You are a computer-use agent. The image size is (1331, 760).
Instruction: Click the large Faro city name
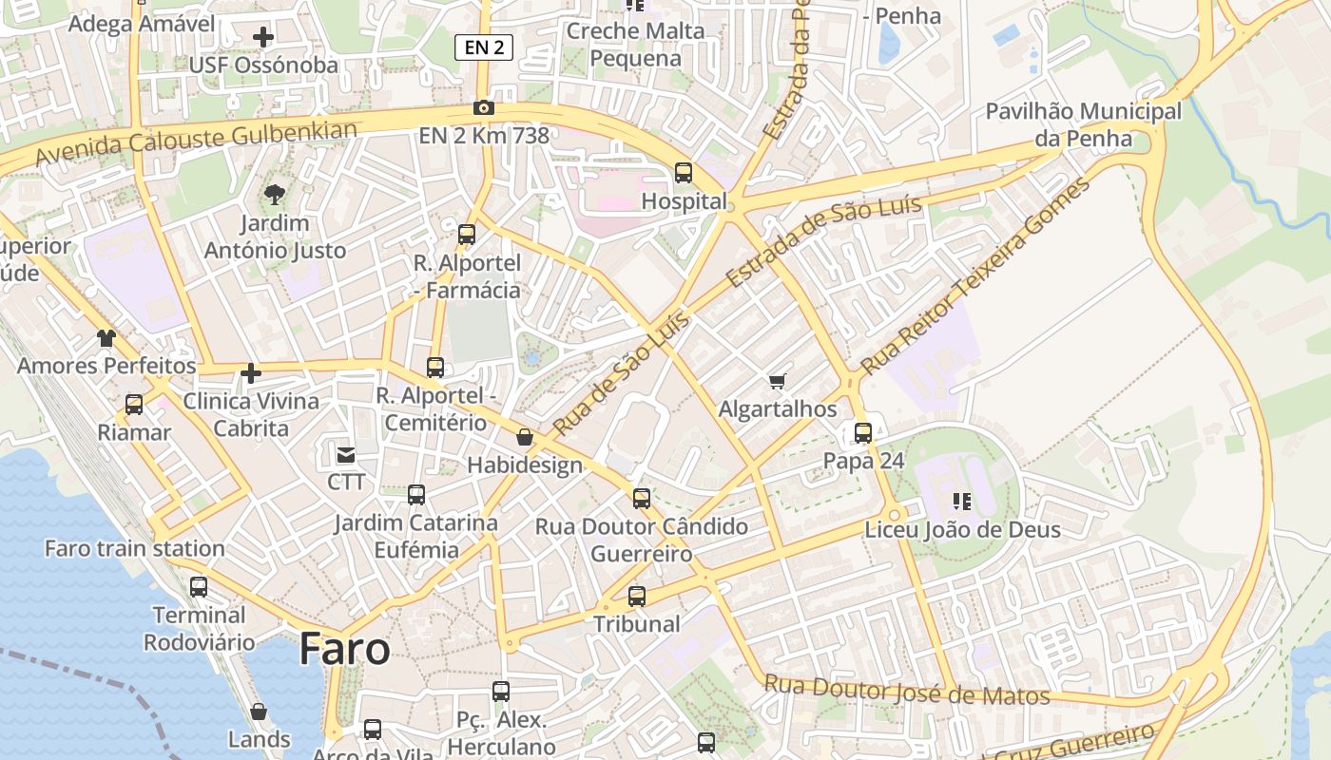pos(344,650)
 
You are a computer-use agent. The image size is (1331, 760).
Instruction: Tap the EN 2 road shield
pos(484,47)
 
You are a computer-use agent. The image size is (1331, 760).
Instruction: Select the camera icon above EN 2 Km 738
pos(484,108)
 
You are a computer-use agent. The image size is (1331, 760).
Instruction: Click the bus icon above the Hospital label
pos(684,173)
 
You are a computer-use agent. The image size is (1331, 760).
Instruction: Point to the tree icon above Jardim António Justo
pos(275,196)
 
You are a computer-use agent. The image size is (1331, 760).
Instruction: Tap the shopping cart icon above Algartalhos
pos(778,382)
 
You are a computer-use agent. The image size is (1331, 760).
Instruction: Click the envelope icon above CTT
pos(345,455)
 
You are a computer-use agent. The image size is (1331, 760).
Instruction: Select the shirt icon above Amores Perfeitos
pos(106,338)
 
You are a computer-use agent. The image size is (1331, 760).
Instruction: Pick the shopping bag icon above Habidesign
pos(524,437)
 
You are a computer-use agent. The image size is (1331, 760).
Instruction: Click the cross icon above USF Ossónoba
pos(263,38)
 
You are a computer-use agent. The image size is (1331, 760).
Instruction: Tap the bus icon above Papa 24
pos(863,433)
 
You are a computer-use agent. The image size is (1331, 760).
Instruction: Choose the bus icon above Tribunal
pos(637,597)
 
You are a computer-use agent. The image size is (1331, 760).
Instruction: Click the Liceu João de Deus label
pos(962,529)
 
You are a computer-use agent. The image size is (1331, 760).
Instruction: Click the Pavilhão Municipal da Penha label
pos(1083,124)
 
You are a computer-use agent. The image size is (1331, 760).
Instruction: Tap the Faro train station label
pos(135,548)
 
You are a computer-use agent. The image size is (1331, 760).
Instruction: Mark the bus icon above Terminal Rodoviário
pos(199,587)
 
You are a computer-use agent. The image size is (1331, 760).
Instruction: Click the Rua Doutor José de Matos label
pos(907,690)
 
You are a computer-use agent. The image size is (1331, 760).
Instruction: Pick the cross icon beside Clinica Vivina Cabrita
pos(251,373)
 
